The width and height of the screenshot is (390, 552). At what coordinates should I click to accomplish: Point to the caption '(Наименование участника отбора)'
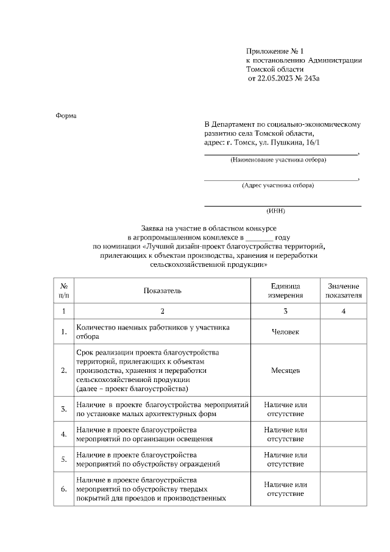(278, 160)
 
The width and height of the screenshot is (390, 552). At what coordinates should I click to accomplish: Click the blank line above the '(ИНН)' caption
(282, 205)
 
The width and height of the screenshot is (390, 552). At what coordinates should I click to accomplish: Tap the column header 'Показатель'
(162, 291)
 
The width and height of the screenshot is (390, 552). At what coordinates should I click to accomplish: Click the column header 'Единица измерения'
(286, 291)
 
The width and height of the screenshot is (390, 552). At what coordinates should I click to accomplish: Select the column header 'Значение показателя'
(344, 291)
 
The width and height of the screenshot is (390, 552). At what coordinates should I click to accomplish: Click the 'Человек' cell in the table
(286, 331)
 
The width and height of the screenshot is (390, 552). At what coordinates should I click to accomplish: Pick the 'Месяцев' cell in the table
(286, 370)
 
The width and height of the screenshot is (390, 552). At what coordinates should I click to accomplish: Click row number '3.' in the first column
(64, 409)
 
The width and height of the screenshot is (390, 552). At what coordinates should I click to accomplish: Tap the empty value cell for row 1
(344, 331)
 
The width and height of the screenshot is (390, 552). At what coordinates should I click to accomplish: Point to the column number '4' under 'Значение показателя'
(344, 311)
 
